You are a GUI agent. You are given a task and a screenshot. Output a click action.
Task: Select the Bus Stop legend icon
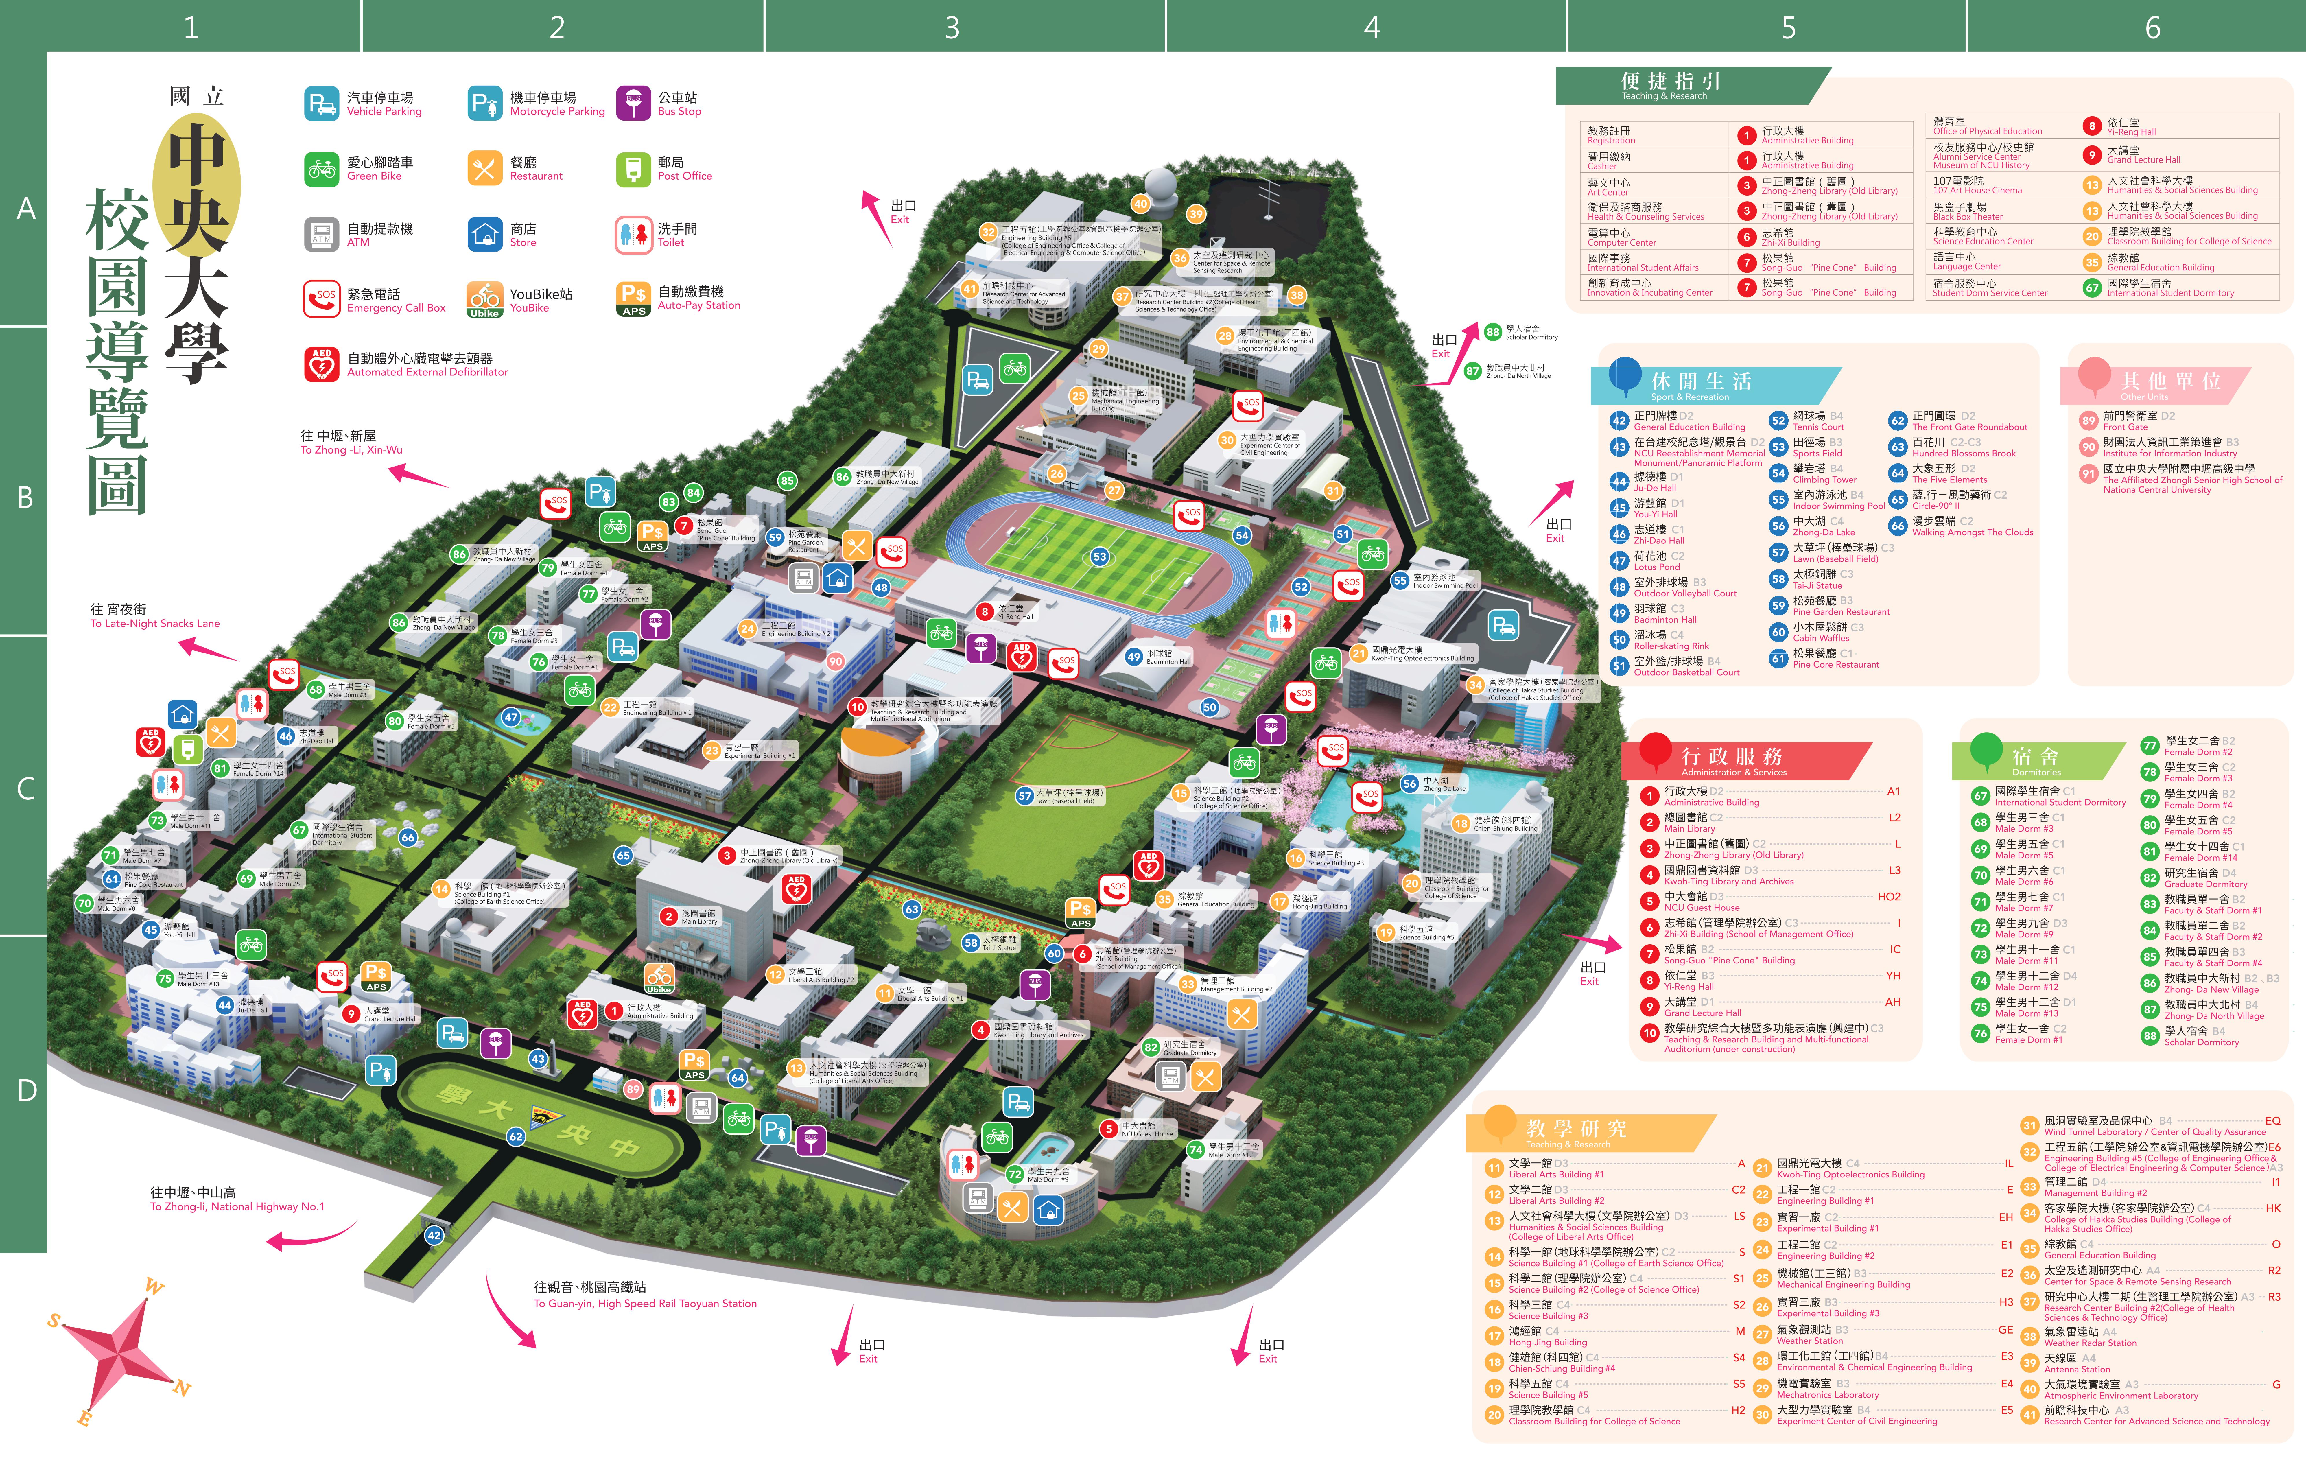(x=633, y=104)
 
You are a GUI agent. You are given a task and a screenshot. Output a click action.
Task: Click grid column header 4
(x=1371, y=27)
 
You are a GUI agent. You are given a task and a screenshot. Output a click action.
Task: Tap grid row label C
(x=26, y=788)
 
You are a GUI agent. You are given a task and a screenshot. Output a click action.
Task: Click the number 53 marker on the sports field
(x=1099, y=556)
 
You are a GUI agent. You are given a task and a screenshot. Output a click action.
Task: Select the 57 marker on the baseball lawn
(x=1025, y=796)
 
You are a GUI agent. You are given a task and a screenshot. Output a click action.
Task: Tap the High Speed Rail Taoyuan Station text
(x=644, y=1303)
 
